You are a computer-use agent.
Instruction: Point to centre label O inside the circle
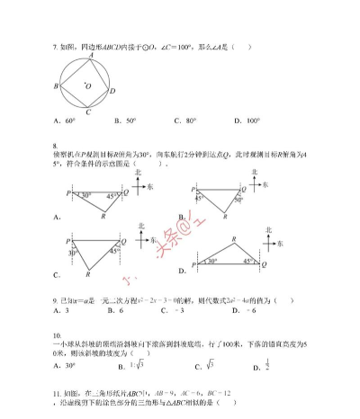click(x=88, y=87)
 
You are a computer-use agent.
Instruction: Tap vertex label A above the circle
click(x=90, y=55)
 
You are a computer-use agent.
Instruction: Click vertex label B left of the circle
click(x=56, y=86)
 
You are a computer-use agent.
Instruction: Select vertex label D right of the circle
click(x=112, y=91)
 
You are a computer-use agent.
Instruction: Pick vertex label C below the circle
click(x=87, y=112)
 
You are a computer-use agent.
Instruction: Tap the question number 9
click(x=54, y=300)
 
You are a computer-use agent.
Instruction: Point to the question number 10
click(x=57, y=334)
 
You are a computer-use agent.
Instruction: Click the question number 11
click(x=57, y=393)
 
